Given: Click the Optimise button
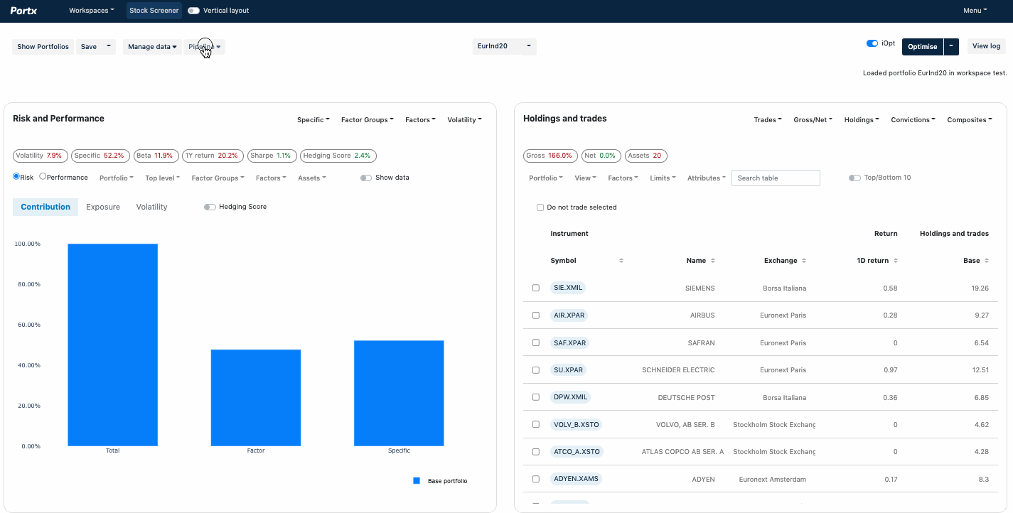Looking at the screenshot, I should pyautogui.click(x=922, y=47).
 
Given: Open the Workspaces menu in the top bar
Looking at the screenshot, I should pyautogui.click(x=91, y=11).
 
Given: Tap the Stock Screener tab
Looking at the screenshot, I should pyautogui.click(x=154, y=11).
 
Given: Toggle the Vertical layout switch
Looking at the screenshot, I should pyautogui.click(x=193, y=11).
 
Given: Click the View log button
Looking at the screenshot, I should pyautogui.click(x=986, y=46).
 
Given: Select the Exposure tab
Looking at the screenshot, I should pyautogui.click(x=103, y=207).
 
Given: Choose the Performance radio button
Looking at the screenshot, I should pyautogui.click(x=43, y=177).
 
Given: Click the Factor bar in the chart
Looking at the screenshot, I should pyautogui.click(x=255, y=397).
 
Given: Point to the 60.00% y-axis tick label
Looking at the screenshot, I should pyautogui.click(x=28, y=325).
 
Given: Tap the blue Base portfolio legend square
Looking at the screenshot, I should pyautogui.click(x=417, y=481).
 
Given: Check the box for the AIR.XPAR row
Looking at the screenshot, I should pyautogui.click(x=536, y=315).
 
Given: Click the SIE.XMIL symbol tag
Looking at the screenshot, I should pyautogui.click(x=568, y=288).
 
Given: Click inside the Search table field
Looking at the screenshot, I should pyautogui.click(x=775, y=178).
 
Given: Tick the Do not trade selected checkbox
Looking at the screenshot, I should pyautogui.click(x=540, y=207).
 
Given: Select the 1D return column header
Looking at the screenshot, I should pyautogui.click(x=873, y=261).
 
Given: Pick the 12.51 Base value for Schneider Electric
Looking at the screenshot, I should pyautogui.click(x=980, y=370).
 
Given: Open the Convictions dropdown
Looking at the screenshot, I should pyautogui.click(x=913, y=120).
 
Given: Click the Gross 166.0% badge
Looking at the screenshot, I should pyautogui.click(x=549, y=156).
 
